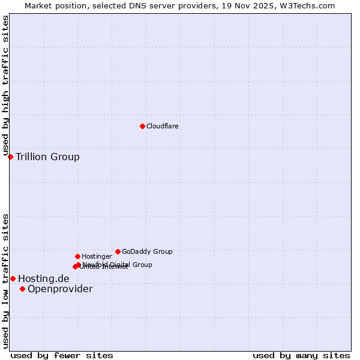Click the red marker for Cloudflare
click(142, 126)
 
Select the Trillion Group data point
click(10, 157)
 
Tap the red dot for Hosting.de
click(13, 278)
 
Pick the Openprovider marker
click(22, 289)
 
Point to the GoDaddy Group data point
click(118, 251)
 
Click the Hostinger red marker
click(77, 256)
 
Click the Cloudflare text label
click(163, 126)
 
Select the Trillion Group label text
click(47, 157)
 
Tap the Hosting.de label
click(44, 278)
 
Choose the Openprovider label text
click(60, 289)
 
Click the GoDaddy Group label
click(147, 251)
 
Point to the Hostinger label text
click(97, 256)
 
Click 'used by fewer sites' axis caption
click(62, 355)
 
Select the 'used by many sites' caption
click(301, 355)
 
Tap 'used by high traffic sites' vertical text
click(6, 86)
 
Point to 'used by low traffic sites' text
click(6, 281)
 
